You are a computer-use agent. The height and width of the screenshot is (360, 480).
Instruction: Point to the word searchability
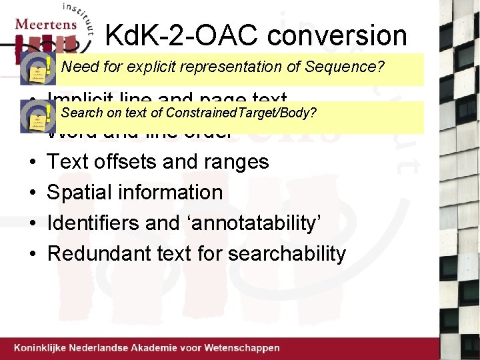tap(287, 253)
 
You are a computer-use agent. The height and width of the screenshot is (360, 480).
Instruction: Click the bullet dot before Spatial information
tap(32, 193)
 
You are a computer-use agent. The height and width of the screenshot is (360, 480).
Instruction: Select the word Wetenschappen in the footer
tap(242, 348)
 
